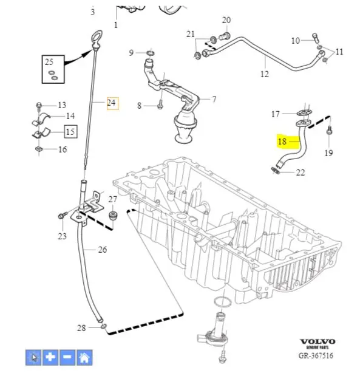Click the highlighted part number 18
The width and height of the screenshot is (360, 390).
coord(282,142)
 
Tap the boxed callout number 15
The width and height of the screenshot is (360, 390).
coord(70,131)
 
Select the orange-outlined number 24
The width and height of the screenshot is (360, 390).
coord(112,103)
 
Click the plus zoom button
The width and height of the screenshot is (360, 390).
coord(50,357)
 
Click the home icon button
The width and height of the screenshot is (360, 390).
coord(84,357)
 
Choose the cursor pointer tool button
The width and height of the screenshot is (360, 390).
coord(33,357)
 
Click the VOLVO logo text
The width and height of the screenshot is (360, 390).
coord(318,341)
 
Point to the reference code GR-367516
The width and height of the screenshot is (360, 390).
coord(316,355)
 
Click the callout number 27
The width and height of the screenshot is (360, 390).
coord(113,199)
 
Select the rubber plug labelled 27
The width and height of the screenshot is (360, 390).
coord(114,215)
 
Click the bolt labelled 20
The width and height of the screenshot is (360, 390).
coord(225,36)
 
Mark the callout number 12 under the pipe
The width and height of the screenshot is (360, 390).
coord(265,74)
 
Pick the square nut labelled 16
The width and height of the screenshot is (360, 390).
coord(39,149)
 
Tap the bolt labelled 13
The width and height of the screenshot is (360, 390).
coord(39,106)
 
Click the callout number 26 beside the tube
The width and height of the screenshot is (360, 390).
coord(103,250)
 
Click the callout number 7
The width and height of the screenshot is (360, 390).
coord(214,100)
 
